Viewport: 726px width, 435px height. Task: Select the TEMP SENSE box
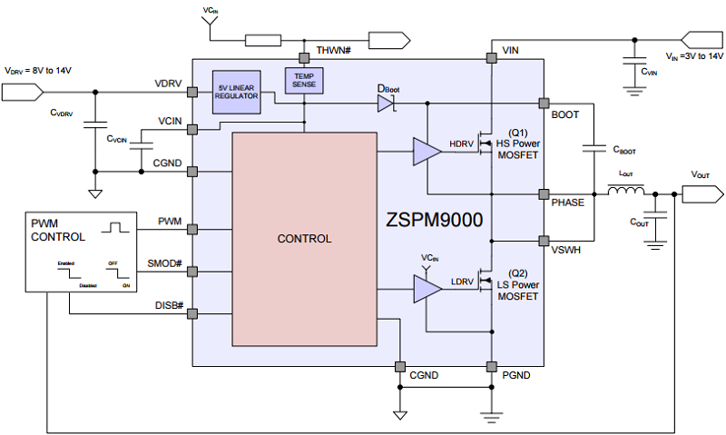coord(304,81)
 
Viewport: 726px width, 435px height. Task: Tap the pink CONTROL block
coord(304,240)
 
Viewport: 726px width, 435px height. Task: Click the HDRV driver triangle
coord(426,152)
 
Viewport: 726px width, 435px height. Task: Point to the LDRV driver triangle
coord(426,290)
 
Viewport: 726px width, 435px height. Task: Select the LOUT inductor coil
coord(625,193)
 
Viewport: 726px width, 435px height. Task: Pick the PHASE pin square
coord(544,193)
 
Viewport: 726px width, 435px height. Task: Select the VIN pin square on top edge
coord(491,58)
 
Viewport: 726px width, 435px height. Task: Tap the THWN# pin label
coord(333,48)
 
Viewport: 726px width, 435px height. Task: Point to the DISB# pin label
coord(170,305)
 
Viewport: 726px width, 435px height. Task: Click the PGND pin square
coord(491,367)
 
